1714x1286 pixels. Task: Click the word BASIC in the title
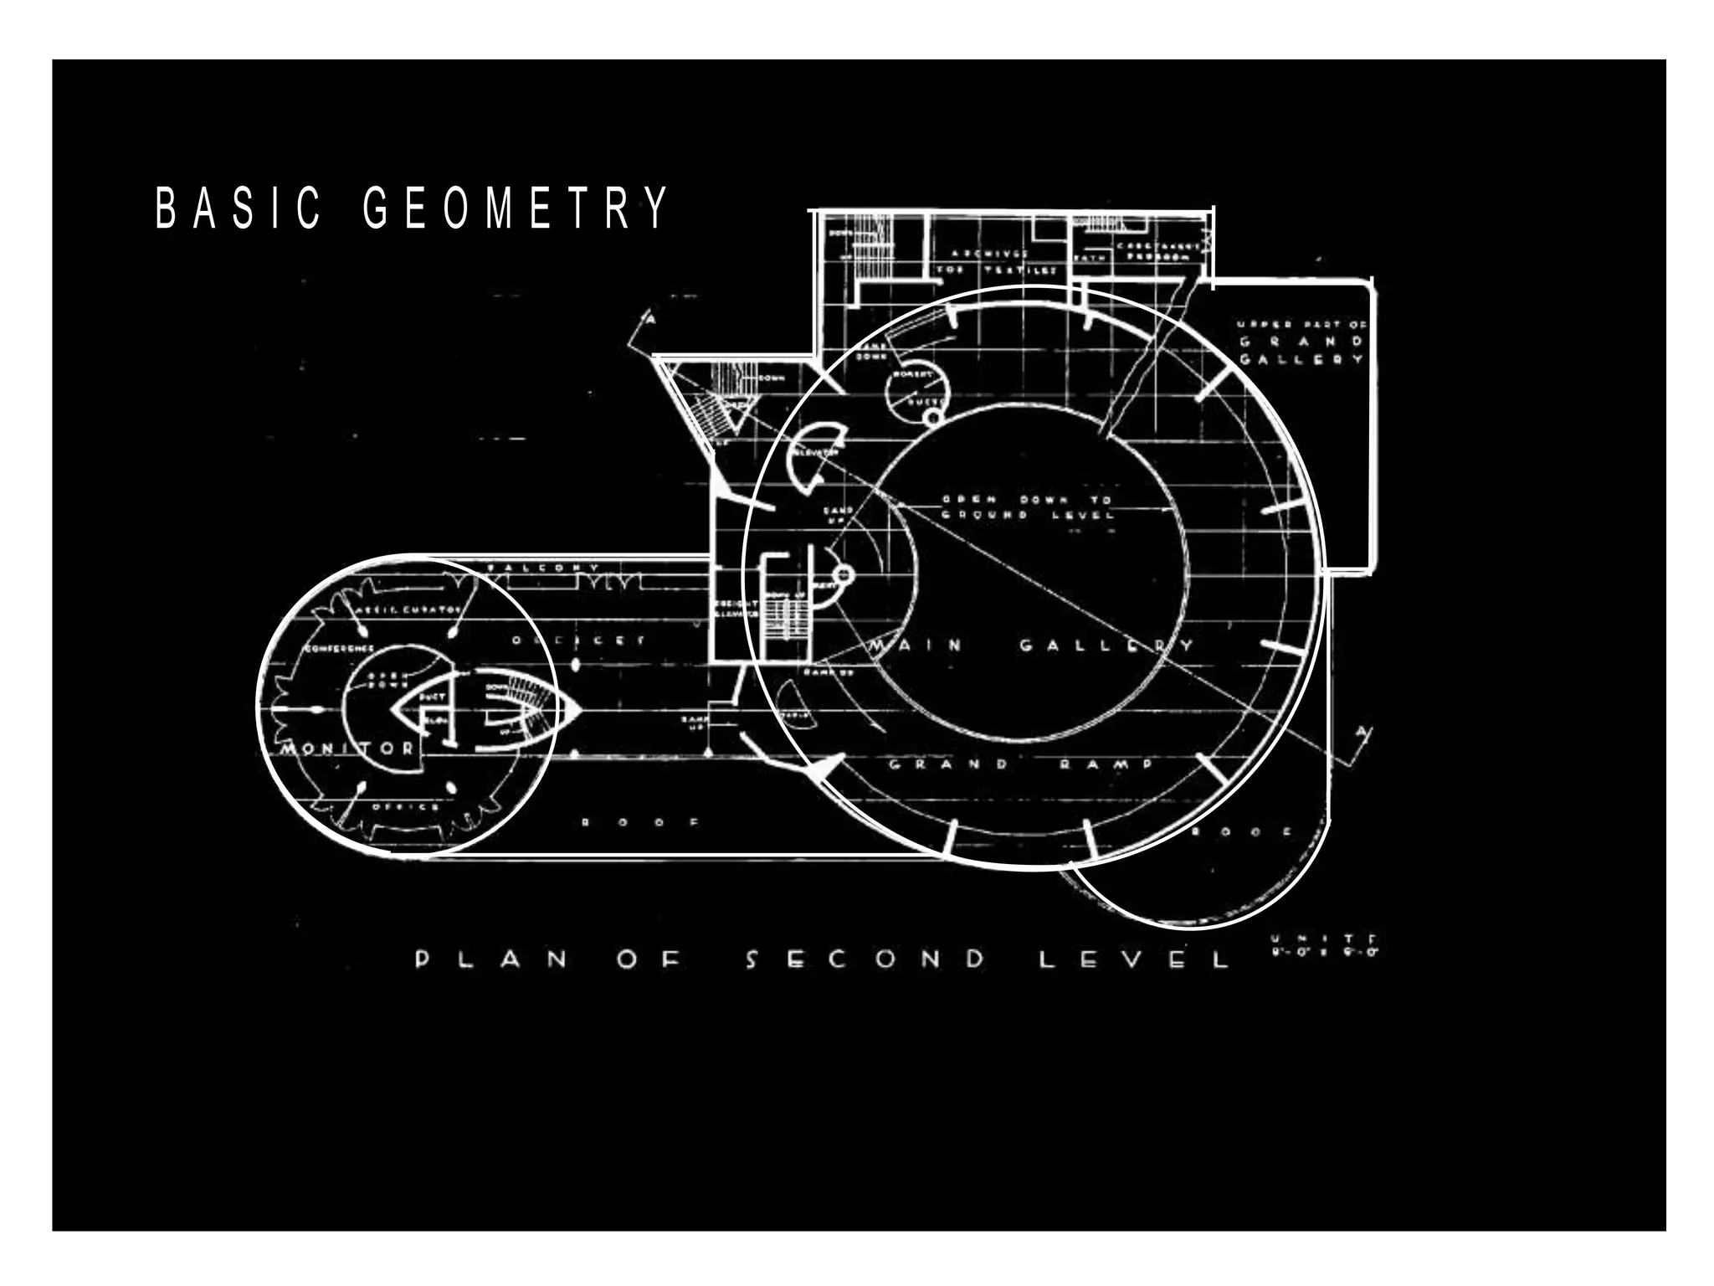[x=239, y=208]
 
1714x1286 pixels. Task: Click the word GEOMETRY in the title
[x=516, y=208]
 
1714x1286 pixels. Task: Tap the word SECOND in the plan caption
[x=865, y=959]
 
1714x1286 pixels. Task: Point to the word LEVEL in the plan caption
[x=1134, y=959]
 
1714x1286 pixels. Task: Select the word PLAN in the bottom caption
[x=491, y=959]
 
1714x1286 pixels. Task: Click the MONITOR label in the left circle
[x=347, y=748]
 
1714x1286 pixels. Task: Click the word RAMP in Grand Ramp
[x=1106, y=764]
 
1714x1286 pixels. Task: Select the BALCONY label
[x=543, y=568]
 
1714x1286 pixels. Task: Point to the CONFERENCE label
[x=339, y=649]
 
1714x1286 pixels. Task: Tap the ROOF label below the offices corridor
[x=640, y=822]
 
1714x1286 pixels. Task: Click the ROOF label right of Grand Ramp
[x=1242, y=831]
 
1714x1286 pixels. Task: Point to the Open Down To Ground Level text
[x=1028, y=507]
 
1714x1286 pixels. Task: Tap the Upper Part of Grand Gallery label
[x=1301, y=342]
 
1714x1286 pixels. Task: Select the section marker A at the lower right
[x=1362, y=734]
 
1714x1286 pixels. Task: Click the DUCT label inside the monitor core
[x=432, y=697]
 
